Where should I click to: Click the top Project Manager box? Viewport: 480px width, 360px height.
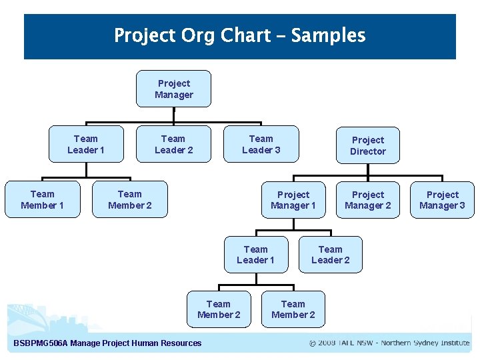click(x=173, y=89)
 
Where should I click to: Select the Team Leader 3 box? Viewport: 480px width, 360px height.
click(x=261, y=144)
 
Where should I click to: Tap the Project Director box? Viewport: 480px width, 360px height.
click(x=368, y=145)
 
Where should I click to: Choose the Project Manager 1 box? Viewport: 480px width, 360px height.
click(x=293, y=200)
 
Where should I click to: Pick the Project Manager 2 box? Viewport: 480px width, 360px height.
click(x=368, y=200)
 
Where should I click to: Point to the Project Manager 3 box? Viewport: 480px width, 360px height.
click(x=443, y=200)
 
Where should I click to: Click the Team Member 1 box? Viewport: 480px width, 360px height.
click(x=42, y=199)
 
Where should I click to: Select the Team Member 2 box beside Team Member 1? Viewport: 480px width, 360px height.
click(x=129, y=199)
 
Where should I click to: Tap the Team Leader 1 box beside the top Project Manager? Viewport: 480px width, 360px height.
click(x=86, y=144)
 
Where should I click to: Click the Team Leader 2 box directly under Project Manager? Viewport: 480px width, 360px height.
click(x=173, y=144)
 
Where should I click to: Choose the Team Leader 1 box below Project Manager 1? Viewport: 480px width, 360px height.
click(x=256, y=255)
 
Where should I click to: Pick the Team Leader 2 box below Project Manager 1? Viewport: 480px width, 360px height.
click(x=331, y=255)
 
